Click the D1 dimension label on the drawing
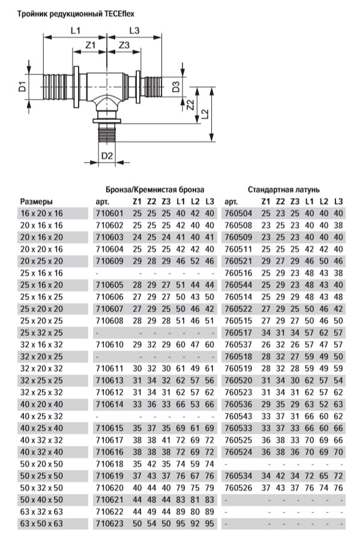22,87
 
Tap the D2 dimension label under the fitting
107,157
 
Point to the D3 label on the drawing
176,86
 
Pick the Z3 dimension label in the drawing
124,46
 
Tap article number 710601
109,213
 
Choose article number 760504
239,213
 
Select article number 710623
109,524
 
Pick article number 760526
239,488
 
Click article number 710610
109,344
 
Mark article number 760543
239,416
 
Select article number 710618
109,464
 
